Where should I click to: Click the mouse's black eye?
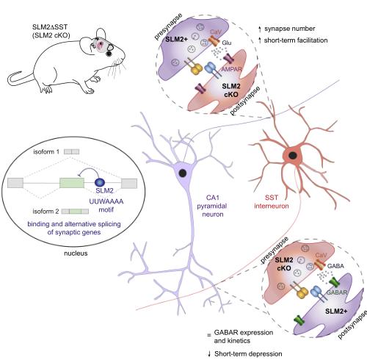point(109,53)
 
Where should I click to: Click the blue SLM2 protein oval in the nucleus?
point(100,182)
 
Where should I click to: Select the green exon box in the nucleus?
point(72,183)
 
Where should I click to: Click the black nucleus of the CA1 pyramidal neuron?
point(183,173)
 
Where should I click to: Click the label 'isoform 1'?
point(46,152)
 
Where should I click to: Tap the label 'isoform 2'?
point(46,212)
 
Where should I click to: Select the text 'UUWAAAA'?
point(106,201)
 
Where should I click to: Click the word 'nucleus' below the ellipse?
point(76,253)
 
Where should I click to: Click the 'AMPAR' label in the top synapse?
point(231,69)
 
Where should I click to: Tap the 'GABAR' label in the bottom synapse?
point(337,292)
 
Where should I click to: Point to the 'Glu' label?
point(227,43)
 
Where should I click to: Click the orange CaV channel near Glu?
point(214,41)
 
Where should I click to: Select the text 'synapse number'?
point(290,29)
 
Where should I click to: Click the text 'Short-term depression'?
point(248,354)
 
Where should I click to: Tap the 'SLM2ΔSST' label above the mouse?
point(50,26)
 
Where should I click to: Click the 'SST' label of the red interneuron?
point(272,198)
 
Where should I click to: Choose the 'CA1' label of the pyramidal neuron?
point(213,198)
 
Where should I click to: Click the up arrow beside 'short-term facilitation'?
point(260,40)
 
